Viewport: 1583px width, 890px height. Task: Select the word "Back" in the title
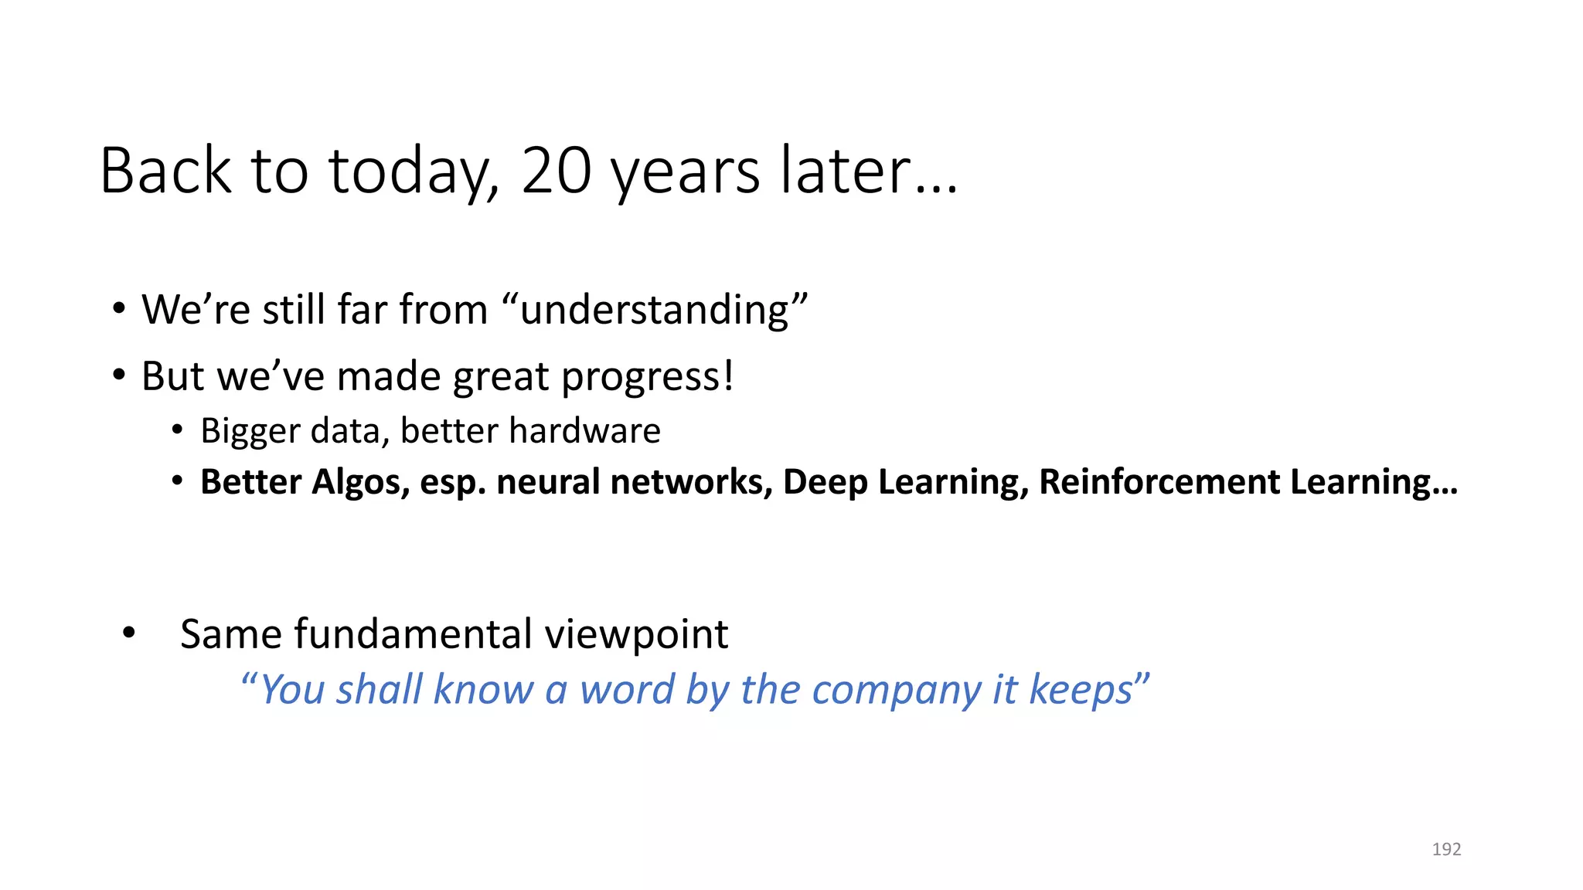(165, 171)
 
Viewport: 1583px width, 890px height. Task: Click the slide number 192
(1446, 849)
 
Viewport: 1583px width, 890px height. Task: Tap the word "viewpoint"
(636, 634)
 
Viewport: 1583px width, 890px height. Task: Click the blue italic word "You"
(292, 690)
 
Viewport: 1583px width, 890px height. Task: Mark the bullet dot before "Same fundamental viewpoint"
(129, 633)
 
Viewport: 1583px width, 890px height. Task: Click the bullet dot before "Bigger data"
(178, 430)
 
